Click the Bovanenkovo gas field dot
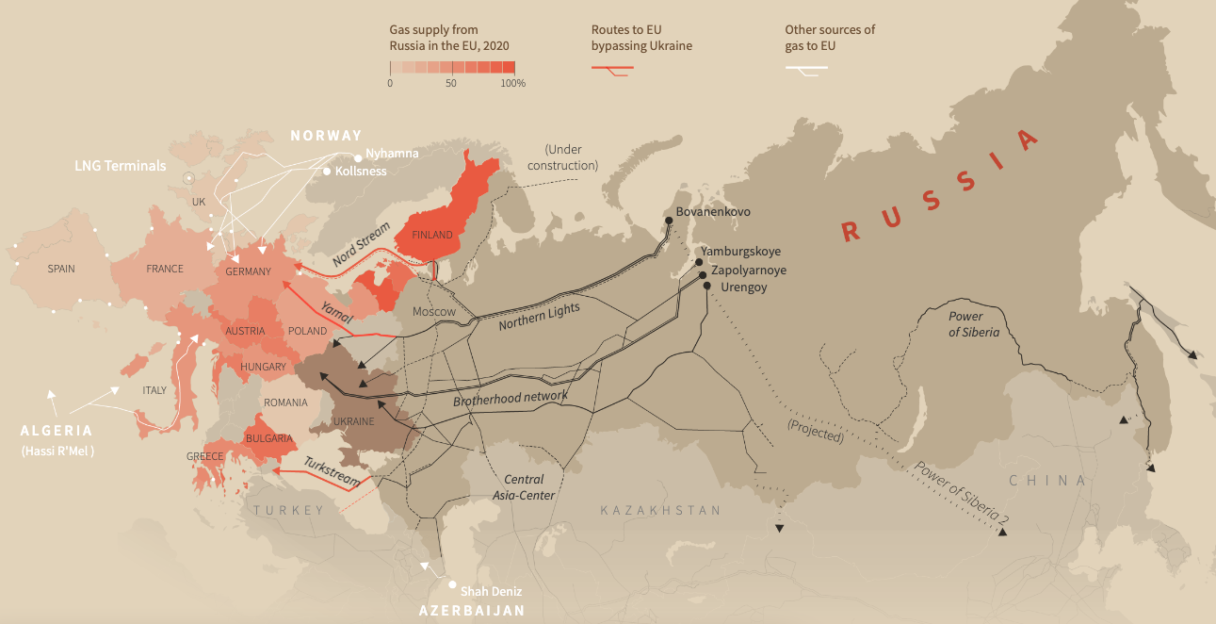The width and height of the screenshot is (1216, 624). click(x=669, y=220)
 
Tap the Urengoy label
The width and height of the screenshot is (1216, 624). click(x=743, y=287)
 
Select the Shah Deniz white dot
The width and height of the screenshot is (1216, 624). click(x=452, y=585)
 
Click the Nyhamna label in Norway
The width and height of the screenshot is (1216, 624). click(x=392, y=153)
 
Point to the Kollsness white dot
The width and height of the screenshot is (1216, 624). click(x=327, y=172)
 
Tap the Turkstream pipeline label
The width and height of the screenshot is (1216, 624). click(x=332, y=470)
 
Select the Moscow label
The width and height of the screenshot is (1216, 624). click(x=434, y=312)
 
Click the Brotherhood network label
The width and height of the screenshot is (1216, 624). click(x=511, y=398)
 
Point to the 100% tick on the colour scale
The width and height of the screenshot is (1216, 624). click(x=513, y=84)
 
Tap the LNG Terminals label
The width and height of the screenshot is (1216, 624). click(x=121, y=166)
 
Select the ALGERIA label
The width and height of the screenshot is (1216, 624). click(x=57, y=431)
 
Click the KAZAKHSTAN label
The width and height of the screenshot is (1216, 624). click(x=660, y=510)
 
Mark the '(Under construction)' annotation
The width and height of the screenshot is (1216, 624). click(x=563, y=157)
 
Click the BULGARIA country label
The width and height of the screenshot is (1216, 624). click(x=269, y=438)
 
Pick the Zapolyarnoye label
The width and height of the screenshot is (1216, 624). click(x=749, y=270)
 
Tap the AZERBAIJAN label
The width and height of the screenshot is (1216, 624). click(x=471, y=611)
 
